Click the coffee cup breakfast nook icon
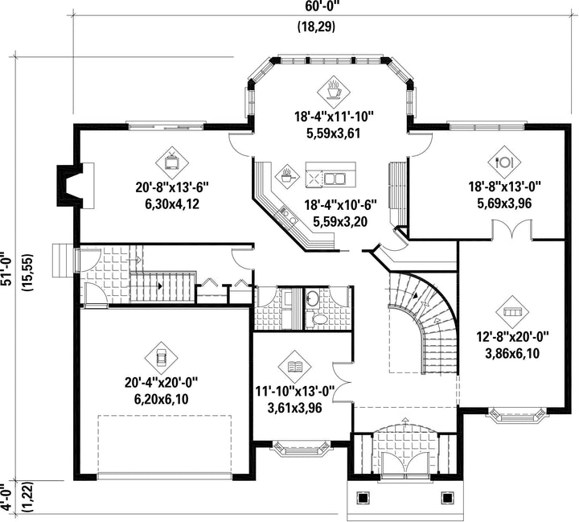click(334, 91)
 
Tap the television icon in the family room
click(172, 162)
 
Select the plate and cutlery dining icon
click(504, 162)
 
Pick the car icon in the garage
click(161, 357)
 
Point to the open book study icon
click(294, 367)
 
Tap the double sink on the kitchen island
click(335, 179)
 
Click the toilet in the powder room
click(316, 319)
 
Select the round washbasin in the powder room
click(313, 298)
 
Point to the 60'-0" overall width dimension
click(320, 6)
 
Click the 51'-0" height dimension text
click(6, 269)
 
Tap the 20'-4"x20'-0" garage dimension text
click(162, 382)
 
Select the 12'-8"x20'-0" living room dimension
click(512, 336)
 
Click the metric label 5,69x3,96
click(504, 203)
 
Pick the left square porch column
click(362, 498)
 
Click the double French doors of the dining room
click(511, 229)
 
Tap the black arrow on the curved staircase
click(416, 295)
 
